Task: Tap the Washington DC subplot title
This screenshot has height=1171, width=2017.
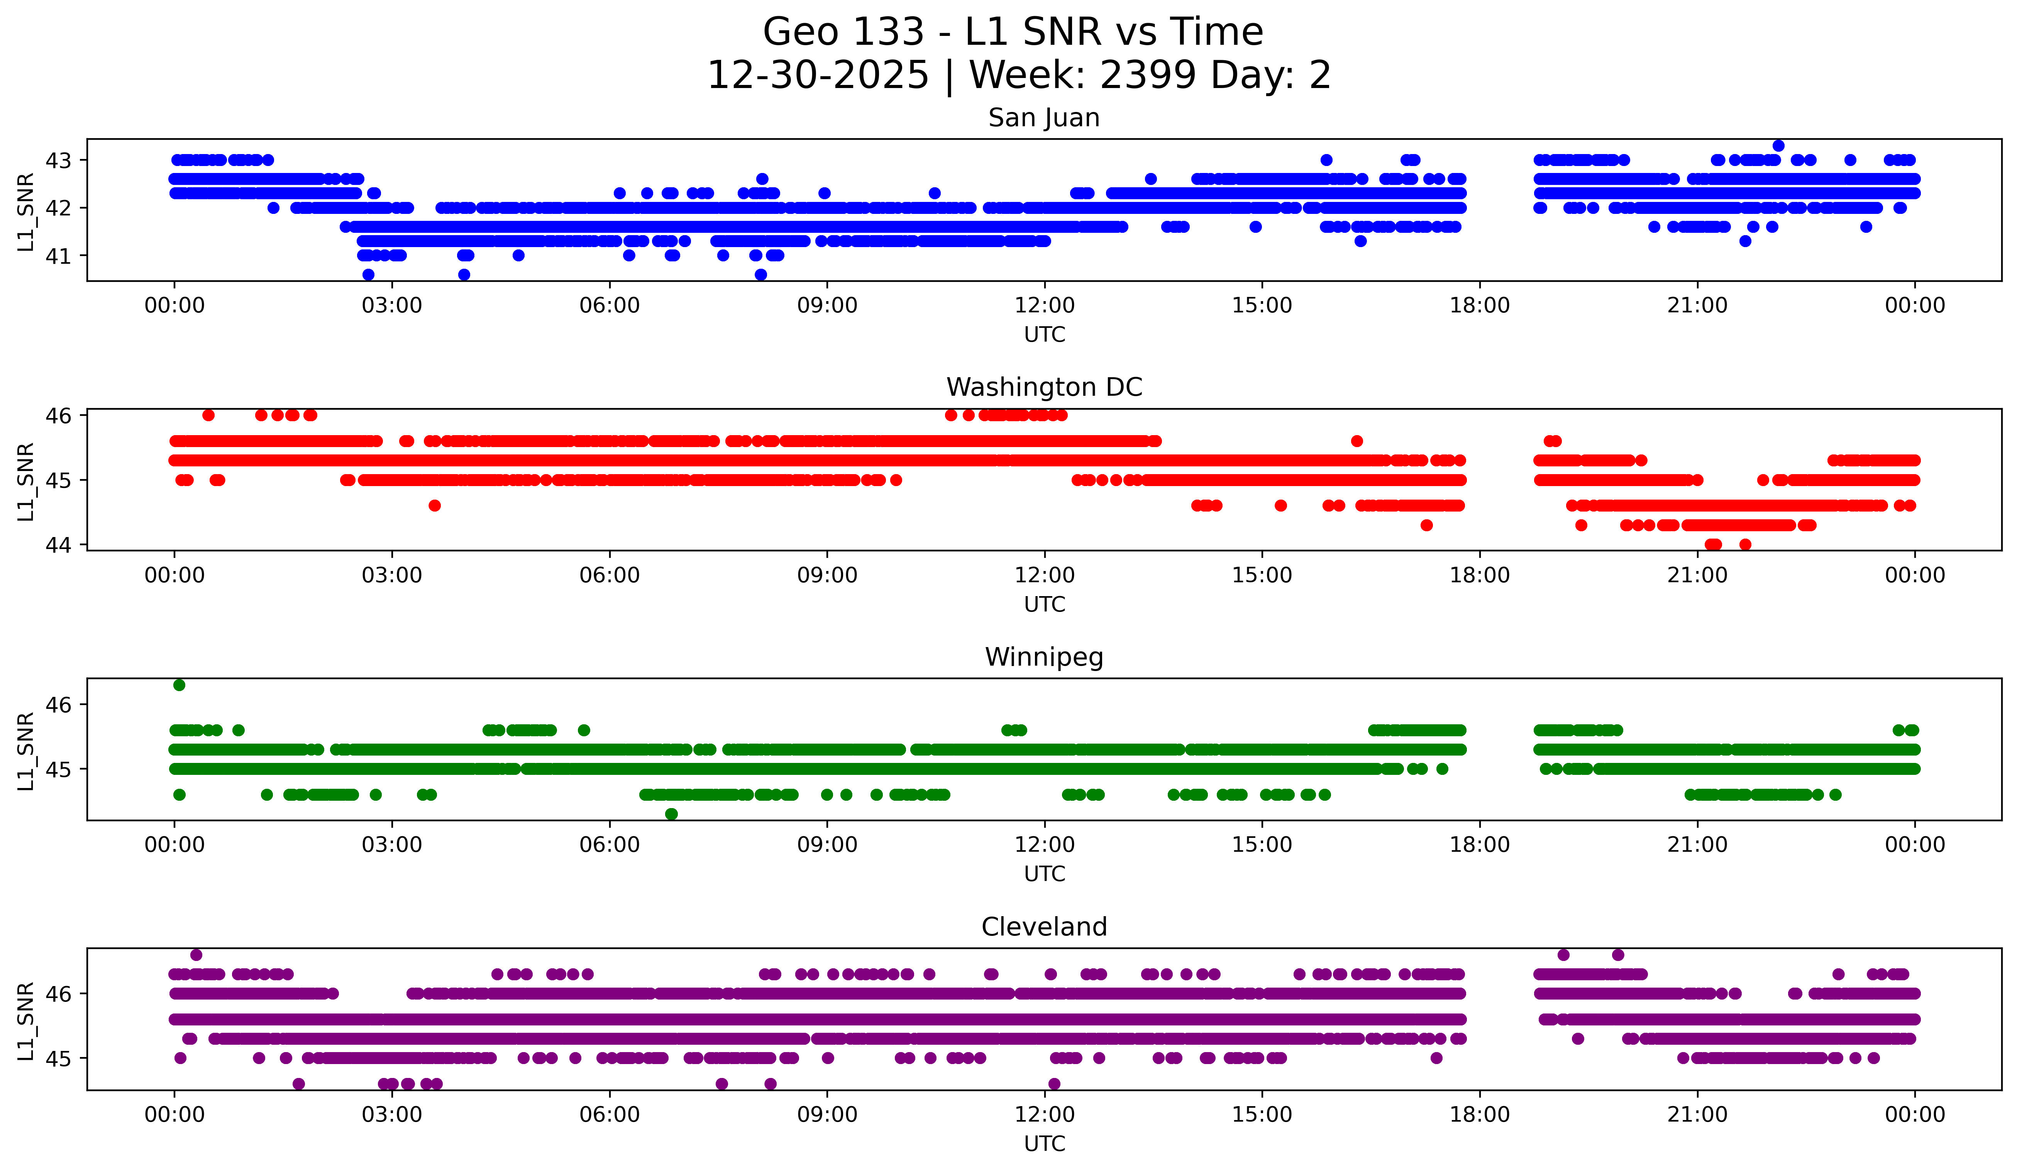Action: click(1044, 387)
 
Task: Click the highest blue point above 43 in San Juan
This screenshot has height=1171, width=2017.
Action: click(1778, 146)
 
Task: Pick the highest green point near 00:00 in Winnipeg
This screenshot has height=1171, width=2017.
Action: click(179, 685)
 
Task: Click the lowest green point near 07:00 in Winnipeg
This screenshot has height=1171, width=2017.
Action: click(672, 814)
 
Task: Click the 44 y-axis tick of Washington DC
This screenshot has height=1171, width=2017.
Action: click(58, 545)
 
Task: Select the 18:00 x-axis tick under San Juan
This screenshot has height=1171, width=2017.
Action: click(1479, 306)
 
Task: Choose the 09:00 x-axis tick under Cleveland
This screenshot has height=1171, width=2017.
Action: click(827, 1115)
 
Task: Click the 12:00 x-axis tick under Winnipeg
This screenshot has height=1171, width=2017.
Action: click(1045, 845)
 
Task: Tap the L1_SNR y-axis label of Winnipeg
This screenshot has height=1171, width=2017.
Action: click(25, 751)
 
